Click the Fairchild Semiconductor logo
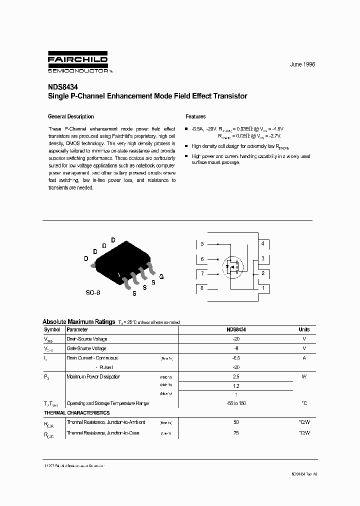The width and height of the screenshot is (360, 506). tap(77, 62)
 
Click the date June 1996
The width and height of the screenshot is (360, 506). tap(302, 65)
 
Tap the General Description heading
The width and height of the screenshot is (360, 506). tap(70, 116)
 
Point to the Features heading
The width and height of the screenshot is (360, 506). tap(195, 116)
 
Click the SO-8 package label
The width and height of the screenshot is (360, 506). tap(92, 292)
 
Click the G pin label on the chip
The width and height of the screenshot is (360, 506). tap(161, 276)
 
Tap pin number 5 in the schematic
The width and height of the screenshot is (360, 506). tap(202, 244)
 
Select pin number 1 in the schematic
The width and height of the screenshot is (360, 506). tap(262, 288)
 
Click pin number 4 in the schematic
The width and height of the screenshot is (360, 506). tap(262, 243)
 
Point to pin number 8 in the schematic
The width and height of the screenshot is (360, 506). tap(202, 288)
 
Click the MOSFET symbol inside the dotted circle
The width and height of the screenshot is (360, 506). tap(231, 266)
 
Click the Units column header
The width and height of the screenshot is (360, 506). tap(304, 329)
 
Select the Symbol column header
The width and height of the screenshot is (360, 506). tap(52, 329)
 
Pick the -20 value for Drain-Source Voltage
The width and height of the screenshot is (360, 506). tap(236, 338)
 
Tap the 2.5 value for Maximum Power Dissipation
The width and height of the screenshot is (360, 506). tap(236, 376)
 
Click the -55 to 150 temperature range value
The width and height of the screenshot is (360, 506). tap(236, 403)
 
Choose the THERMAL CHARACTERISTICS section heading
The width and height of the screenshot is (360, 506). tap(76, 413)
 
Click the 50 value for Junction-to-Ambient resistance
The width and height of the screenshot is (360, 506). tap(236, 422)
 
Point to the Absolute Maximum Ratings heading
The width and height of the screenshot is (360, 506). tap(78, 321)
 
